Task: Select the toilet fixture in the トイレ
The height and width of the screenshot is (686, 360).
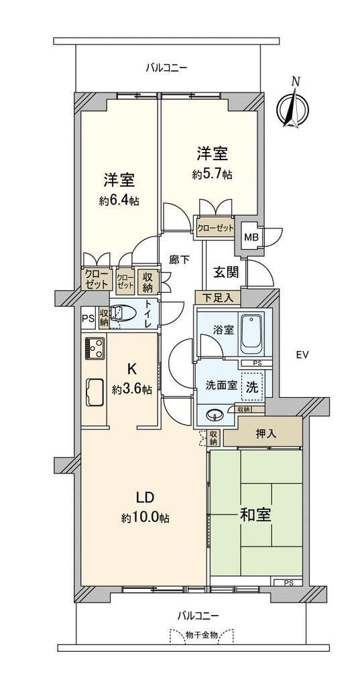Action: click(118, 314)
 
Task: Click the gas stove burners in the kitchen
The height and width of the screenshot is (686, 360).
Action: click(94, 348)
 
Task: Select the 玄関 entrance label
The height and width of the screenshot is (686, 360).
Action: click(226, 273)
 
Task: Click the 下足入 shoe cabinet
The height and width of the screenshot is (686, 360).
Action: click(218, 298)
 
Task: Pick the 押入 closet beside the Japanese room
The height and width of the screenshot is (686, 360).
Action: click(263, 433)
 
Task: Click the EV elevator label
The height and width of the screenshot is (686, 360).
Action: click(300, 355)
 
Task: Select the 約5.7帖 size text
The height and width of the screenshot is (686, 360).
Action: click(212, 175)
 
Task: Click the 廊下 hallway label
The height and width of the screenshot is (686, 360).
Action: click(179, 260)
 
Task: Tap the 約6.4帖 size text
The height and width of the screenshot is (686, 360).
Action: click(119, 201)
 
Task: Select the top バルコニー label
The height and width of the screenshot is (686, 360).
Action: click(166, 68)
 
